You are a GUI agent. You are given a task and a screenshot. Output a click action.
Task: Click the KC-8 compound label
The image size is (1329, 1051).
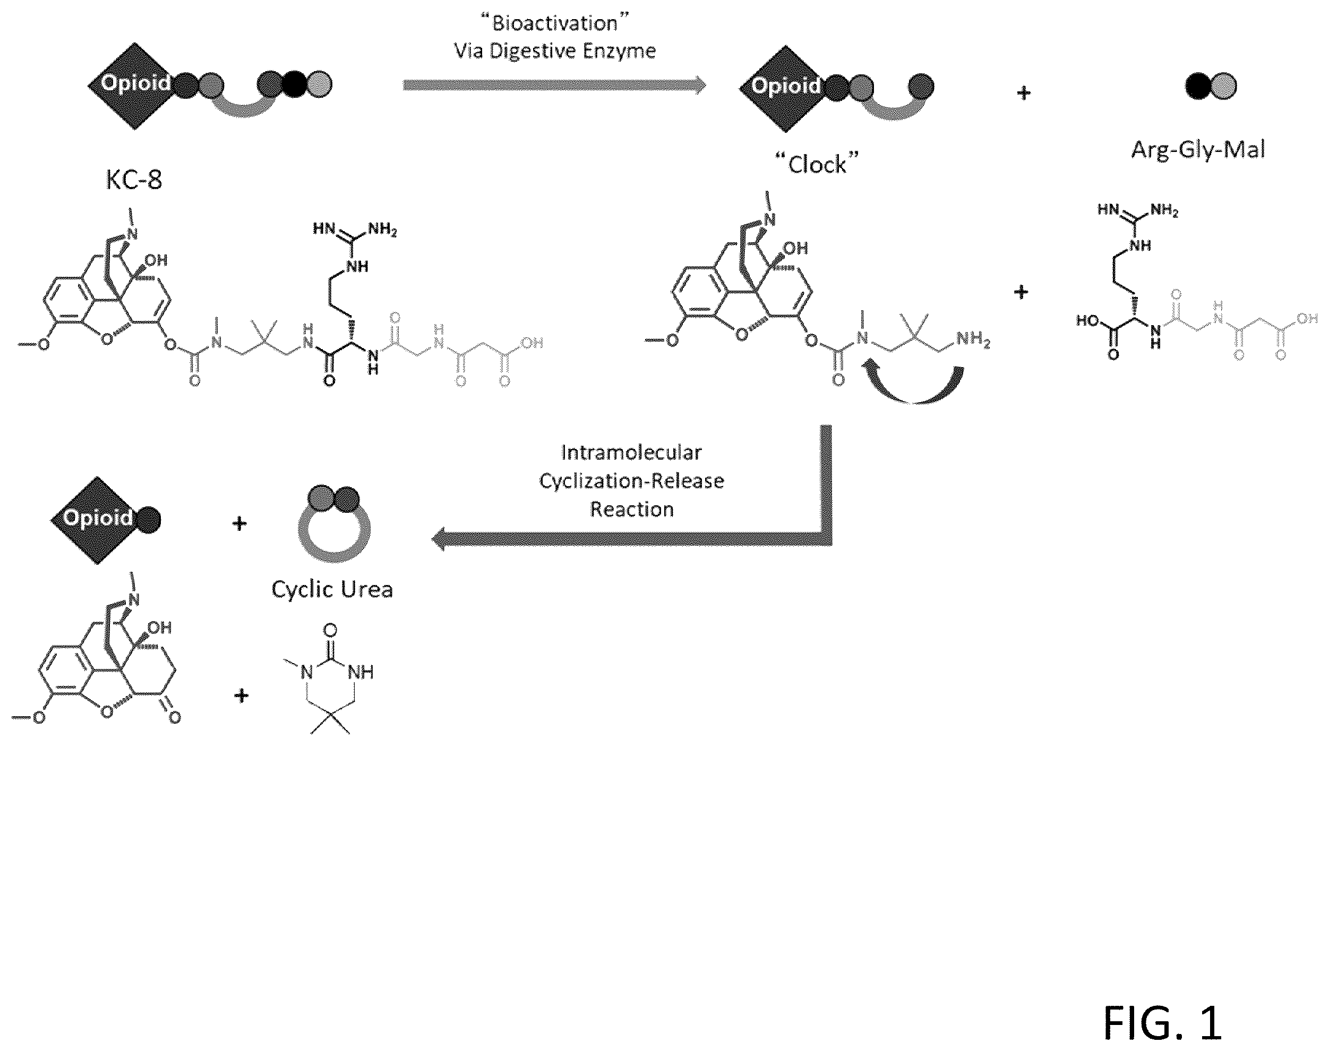[x=134, y=180]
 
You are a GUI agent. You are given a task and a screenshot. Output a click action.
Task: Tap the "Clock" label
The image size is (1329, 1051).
[x=817, y=164]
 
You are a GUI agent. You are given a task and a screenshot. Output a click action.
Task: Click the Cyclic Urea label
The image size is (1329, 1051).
[x=332, y=589]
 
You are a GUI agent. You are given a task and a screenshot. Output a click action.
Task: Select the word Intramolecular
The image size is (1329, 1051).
[x=631, y=453]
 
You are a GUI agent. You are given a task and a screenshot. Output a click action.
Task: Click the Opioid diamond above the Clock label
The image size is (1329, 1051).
[x=785, y=89]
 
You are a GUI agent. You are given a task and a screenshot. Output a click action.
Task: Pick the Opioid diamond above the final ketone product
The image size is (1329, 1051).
[x=97, y=521]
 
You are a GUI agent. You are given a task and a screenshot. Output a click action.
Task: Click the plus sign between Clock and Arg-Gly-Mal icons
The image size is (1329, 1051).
[x=1023, y=94]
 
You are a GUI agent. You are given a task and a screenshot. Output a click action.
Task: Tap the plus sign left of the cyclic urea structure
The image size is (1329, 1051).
[x=241, y=696]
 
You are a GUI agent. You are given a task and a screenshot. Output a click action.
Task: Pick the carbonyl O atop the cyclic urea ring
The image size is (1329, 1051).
[x=330, y=630]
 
